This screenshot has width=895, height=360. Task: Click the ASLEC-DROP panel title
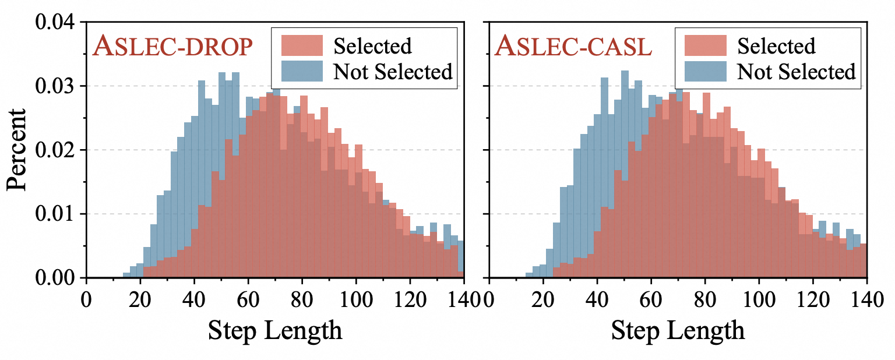pos(172,47)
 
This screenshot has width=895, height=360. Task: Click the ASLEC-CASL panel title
pos(573,47)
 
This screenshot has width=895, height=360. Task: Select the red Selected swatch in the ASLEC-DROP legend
pos(302,45)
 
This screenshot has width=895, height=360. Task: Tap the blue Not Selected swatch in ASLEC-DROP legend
pos(302,71)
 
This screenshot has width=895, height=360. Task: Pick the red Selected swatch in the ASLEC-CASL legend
pos(706,45)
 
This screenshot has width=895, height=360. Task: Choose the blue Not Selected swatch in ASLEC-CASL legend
pos(706,71)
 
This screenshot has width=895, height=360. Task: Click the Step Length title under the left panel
pos(275,330)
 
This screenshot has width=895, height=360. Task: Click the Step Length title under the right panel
pos(678,330)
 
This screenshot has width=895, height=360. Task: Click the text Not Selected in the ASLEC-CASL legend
pos(796,72)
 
